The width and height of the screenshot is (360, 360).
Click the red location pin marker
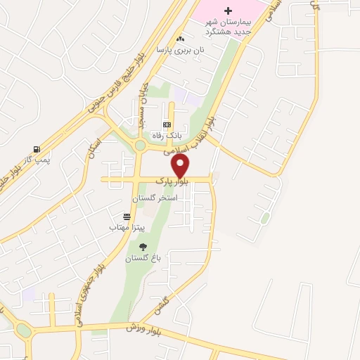click(x=181, y=167)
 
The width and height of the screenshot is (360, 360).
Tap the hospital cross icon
click(x=227, y=11)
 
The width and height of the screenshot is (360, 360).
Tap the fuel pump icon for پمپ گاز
click(x=36, y=149)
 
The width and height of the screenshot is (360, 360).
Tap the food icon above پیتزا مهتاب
click(x=127, y=217)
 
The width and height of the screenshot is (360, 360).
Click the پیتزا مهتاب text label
click(x=127, y=228)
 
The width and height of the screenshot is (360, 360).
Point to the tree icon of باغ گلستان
click(x=143, y=247)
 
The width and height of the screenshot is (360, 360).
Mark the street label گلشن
click(x=162, y=304)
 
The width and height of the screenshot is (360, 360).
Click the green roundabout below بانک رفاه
click(x=140, y=146)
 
